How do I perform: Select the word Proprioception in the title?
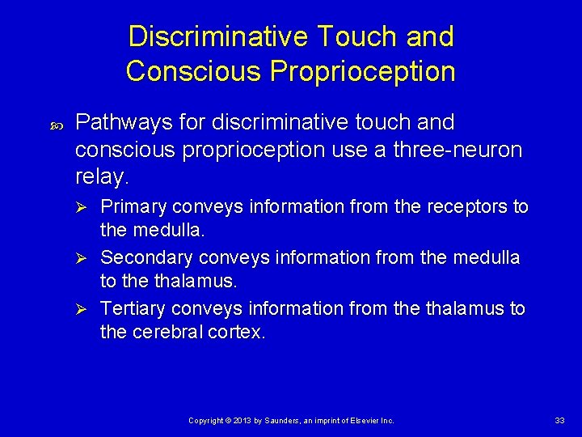[363, 71]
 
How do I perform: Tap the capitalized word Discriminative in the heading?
[217, 36]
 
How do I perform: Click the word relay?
[101, 177]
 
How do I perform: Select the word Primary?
[133, 207]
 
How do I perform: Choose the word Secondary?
[143, 258]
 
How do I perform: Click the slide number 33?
[559, 420]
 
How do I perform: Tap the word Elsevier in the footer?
[362, 421]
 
